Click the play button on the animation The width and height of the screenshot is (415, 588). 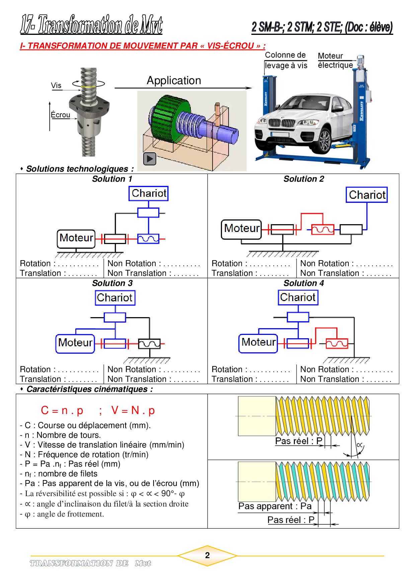tap(150, 159)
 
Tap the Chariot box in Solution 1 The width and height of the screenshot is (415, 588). tap(149, 193)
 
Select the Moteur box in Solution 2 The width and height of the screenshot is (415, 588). tap(241, 229)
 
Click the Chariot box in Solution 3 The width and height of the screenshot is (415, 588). tap(115, 298)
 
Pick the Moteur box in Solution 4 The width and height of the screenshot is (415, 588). tap(258, 343)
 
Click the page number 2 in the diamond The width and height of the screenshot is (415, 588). tap(207, 555)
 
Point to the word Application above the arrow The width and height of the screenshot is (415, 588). tap(174, 81)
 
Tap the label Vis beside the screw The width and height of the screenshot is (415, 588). tap(56, 85)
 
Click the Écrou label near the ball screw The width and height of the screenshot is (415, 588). tap(61, 115)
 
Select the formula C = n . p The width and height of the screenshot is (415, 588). tap(62, 410)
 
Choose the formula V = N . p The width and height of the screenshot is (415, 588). tap(133, 410)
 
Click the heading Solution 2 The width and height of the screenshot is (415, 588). tap(304, 179)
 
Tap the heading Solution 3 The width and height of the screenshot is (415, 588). tap(112, 283)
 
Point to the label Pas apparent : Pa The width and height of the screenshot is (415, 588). tap(275, 506)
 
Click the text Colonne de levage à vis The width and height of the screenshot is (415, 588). tap(286, 60)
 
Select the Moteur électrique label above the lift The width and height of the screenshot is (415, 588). tap(335, 61)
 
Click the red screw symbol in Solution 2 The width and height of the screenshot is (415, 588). tap(323, 230)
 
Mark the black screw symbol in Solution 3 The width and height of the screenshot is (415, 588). tap(149, 344)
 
